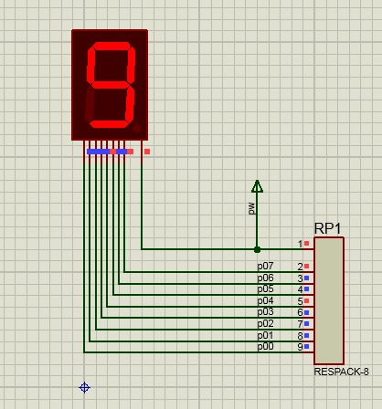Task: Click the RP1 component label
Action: click(327, 228)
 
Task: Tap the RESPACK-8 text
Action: click(342, 372)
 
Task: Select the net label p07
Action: click(265, 267)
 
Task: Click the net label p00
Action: click(265, 347)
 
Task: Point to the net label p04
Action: click(265, 301)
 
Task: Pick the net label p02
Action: click(265, 323)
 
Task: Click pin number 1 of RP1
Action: click(300, 244)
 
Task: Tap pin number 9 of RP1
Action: click(300, 347)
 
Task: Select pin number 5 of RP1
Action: click(300, 301)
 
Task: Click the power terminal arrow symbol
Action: click(257, 186)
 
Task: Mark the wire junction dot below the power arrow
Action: click(257, 249)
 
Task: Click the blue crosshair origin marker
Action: click(84, 388)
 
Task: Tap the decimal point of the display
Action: click(136, 129)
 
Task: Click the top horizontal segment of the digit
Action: click(111, 47)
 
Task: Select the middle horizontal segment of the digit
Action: click(111, 85)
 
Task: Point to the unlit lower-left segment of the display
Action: click(90, 103)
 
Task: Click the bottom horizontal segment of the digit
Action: click(110, 124)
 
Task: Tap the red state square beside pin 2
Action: click(306, 267)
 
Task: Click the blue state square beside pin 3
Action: click(306, 278)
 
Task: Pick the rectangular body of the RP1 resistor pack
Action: click(329, 300)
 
